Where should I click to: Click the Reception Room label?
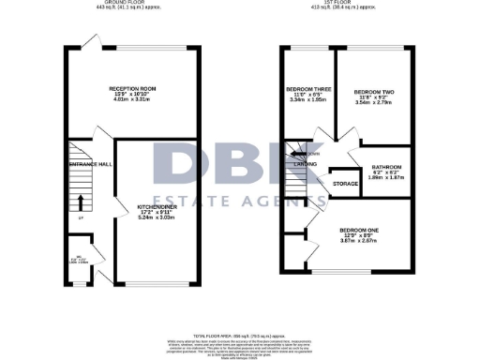click(131, 88)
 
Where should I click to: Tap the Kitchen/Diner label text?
click(154, 205)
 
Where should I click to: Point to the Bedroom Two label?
click(374, 92)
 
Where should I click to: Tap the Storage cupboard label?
click(345, 184)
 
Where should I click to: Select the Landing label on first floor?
click(305, 164)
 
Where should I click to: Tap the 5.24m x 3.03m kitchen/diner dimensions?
click(154, 217)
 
